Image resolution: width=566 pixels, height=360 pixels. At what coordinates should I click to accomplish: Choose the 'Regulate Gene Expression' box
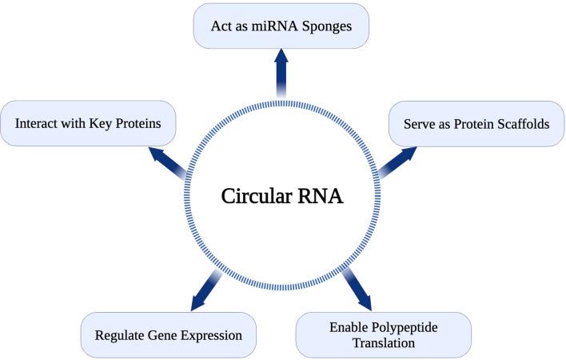point(168,335)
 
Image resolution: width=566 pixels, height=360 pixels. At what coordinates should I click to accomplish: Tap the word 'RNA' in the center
point(321,194)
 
